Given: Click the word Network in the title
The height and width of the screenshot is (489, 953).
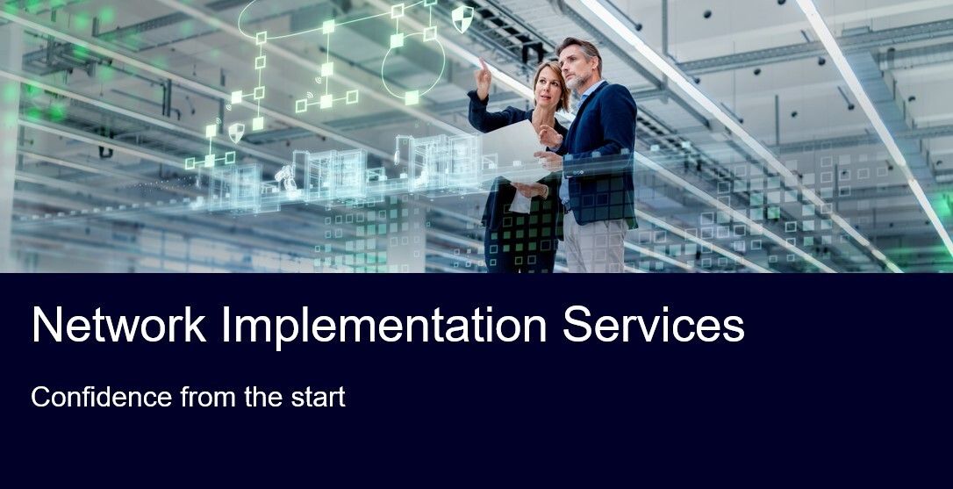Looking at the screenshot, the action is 119,325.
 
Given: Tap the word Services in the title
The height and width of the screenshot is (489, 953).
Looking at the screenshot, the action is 654,325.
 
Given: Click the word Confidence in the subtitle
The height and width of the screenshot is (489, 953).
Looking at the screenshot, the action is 102,397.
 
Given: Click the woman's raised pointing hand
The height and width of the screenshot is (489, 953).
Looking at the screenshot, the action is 484,77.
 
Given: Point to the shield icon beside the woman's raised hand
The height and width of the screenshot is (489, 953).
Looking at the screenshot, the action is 462,18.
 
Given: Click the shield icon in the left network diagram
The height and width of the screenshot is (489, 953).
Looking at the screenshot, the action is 236,132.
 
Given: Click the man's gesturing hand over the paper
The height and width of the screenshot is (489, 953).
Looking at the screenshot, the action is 550,136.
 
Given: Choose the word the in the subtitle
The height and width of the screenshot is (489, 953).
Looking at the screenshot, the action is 263,397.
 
